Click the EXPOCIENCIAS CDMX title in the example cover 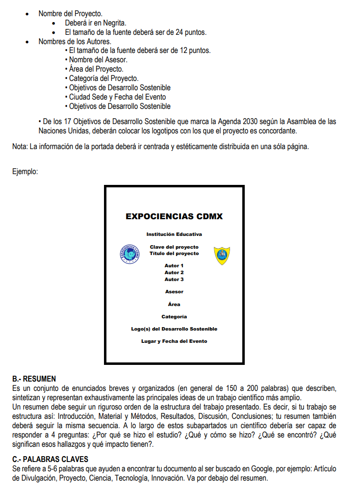click(174, 216)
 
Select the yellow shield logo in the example click(222, 255)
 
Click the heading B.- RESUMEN click(34, 379)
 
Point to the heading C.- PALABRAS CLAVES click(50, 459)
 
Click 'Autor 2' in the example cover click(174, 272)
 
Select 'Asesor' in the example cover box click(174, 292)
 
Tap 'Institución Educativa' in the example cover click(174, 234)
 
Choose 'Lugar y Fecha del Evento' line click(174, 341)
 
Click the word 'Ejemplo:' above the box click(25, 172)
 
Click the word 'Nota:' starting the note click(20, 147)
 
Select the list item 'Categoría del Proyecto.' click(103, 78)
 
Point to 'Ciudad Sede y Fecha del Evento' click(117, 97)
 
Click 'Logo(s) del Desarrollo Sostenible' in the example click(174, 329)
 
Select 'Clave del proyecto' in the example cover click(174, 247)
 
